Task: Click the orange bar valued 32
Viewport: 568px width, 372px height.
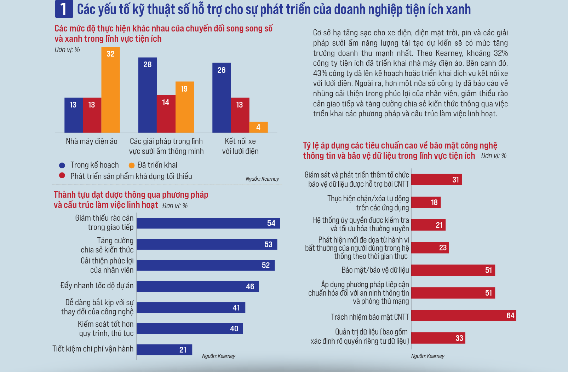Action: pos(110,90)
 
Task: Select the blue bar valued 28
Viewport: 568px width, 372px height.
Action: pos(147,95)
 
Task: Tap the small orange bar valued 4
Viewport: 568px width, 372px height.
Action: pos(258,127)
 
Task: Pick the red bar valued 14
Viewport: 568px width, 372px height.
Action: pos(166,114)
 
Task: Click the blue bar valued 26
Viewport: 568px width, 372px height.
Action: pos(222,98)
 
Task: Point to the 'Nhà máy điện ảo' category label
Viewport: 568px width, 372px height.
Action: pos(91,141)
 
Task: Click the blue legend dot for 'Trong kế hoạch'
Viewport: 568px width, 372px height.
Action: pos(62,165)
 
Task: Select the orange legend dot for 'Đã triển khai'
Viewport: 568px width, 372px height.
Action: pos(131,165)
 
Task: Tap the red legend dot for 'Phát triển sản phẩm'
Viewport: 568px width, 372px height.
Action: pos(62,175)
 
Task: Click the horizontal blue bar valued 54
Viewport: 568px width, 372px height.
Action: pos(208,223)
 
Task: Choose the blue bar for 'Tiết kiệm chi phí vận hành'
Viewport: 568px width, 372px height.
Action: pos(164,350)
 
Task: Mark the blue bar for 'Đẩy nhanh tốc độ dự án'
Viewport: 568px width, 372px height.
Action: pos(197,286)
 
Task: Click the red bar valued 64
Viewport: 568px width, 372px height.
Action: pos(463,315)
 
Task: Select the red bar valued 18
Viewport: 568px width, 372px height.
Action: pos(426,202)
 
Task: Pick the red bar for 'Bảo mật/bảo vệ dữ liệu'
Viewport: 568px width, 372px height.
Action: pos(453,270)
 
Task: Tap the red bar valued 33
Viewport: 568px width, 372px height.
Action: pos(438,338)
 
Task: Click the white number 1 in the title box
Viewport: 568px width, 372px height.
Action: pos(64,9)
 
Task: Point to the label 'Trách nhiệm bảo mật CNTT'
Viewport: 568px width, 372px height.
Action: pos(370,317)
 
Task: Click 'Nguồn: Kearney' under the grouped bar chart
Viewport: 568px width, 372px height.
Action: pos(262,179)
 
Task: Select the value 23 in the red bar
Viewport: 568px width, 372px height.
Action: pos(443,248)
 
